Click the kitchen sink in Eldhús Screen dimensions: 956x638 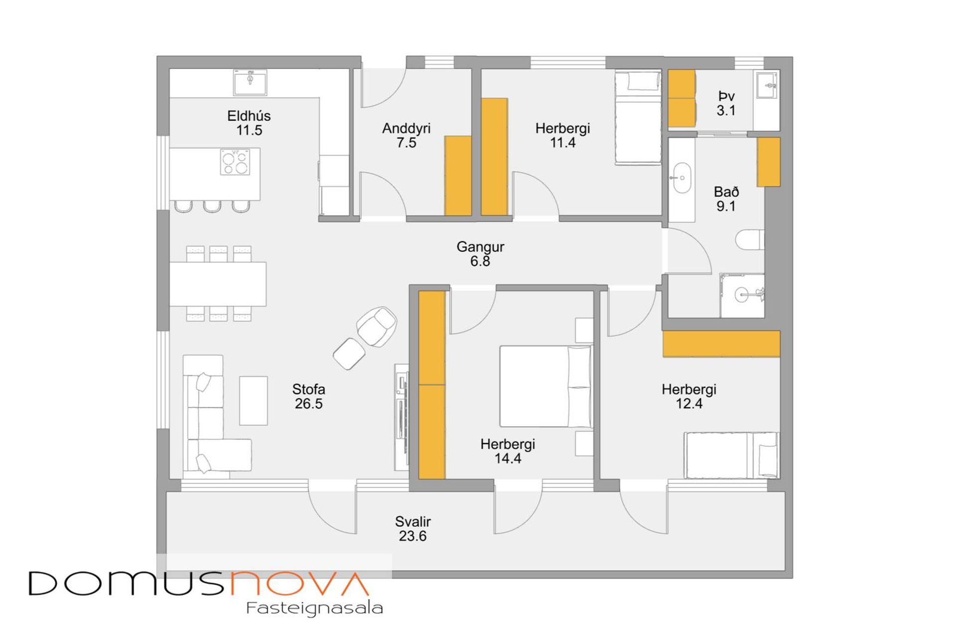(250, 82)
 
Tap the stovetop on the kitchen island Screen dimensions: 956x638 (235, 162)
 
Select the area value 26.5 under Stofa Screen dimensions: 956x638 (308, 404)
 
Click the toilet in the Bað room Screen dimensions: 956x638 (750, 240)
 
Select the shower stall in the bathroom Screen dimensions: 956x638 (742, 295)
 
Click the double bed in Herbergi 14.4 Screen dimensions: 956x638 (546, 386)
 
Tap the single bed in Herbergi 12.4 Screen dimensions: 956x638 (731, 456)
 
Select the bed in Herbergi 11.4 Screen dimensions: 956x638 (638, 118)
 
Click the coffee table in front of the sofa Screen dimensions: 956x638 (254, 401)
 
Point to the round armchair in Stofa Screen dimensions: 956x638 (377, 326)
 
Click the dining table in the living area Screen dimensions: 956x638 (218, 284)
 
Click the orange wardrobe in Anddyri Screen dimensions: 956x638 (458, 176)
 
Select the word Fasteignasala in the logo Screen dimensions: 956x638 (314, 608)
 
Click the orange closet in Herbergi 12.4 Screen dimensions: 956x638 (721, 343)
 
